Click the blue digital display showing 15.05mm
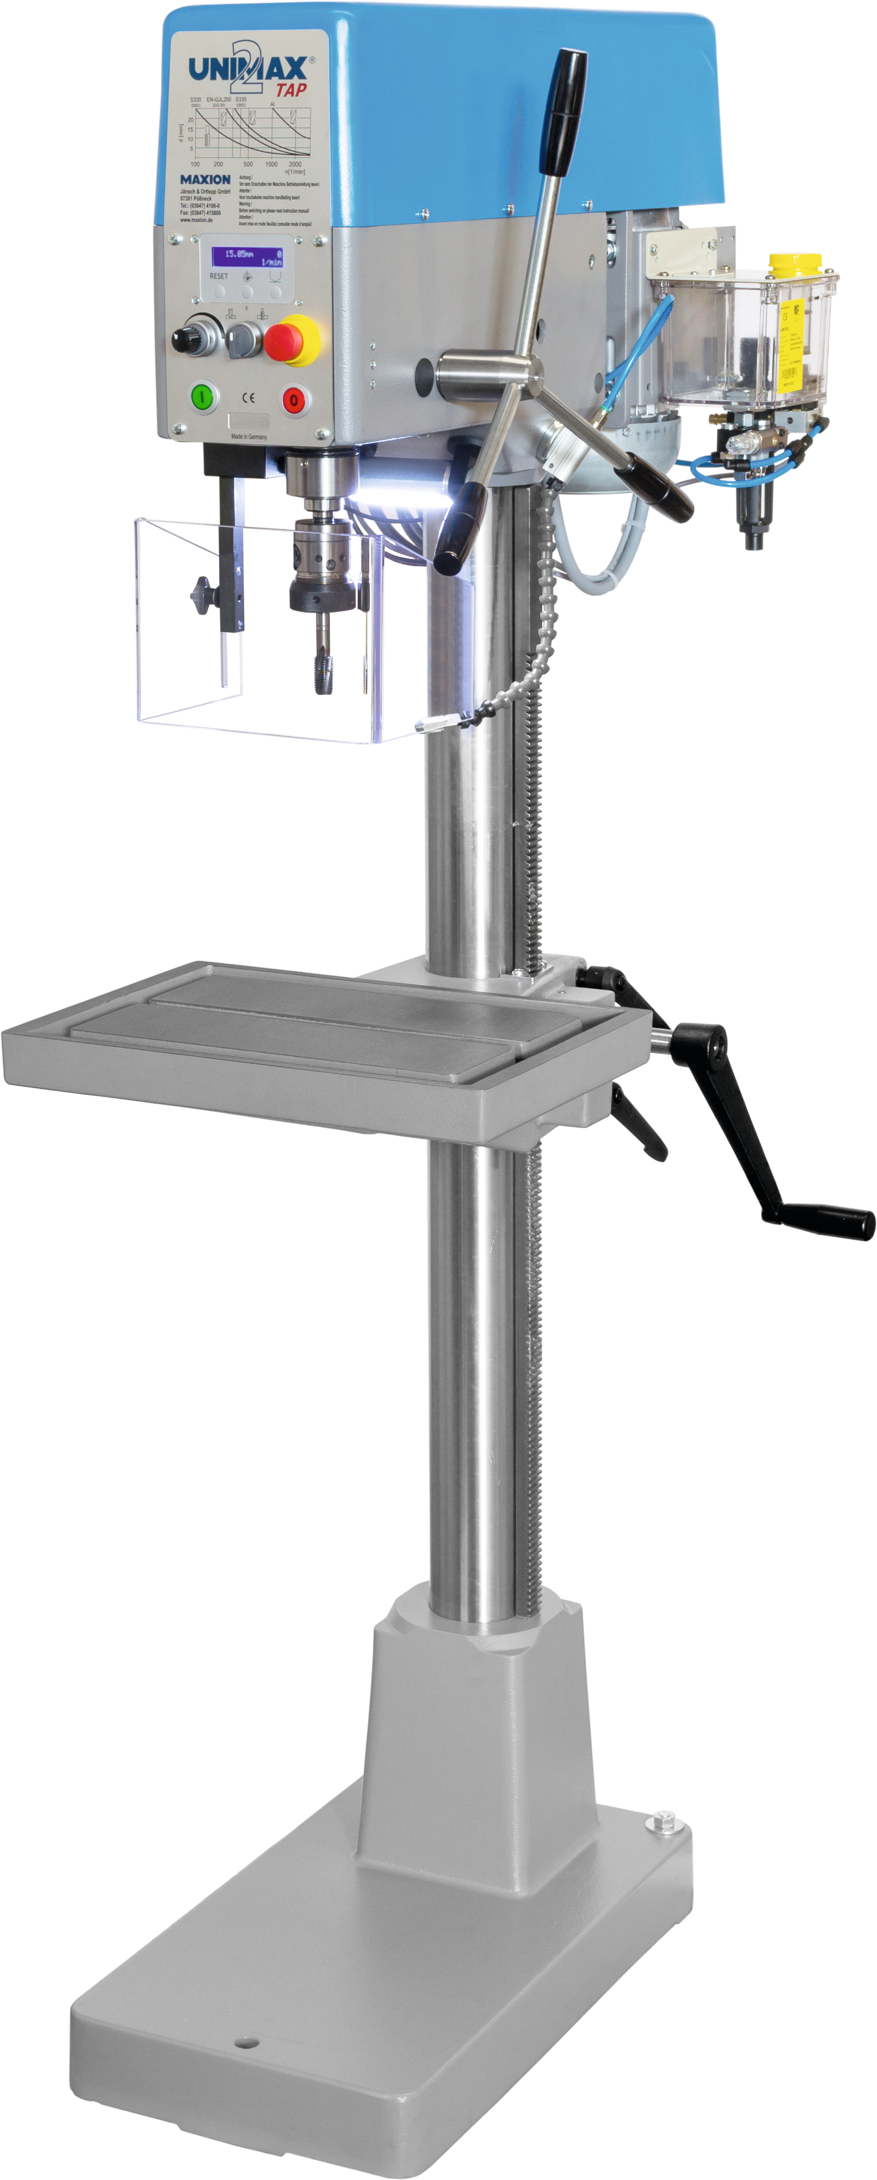[247, 256]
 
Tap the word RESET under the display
[218, 276]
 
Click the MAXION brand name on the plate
[205, 179]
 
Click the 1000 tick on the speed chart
[271, 164]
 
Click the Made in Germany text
[249, 437]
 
